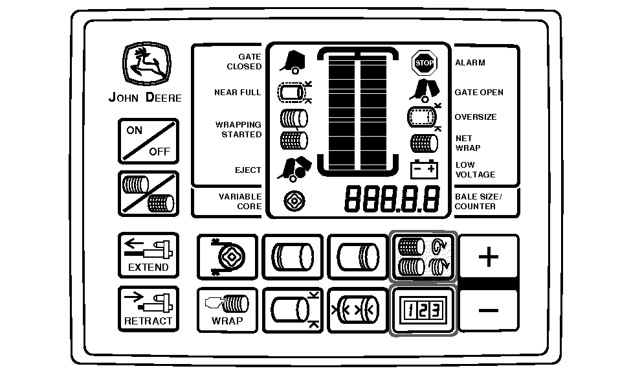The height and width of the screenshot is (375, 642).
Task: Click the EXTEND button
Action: coord(148,255)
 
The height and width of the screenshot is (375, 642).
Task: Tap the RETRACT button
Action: coord(148,308)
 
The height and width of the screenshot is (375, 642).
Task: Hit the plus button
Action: coord(489,256)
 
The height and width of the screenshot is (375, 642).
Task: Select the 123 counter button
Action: coord(423,310)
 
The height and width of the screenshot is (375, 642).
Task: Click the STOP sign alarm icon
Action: coord(424,63)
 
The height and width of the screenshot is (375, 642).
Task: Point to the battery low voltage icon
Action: coord(424,169)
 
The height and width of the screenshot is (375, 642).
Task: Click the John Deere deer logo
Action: coord(147,64)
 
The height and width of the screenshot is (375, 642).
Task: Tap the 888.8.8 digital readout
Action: coord(392,199)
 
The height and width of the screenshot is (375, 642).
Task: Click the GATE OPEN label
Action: coord(479,93)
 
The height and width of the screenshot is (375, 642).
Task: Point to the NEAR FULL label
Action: coord(238,93)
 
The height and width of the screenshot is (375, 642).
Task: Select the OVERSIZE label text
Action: coord(476,117)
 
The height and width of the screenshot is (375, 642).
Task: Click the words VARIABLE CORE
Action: coord(240,201)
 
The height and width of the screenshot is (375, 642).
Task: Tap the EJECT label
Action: coord(248,170)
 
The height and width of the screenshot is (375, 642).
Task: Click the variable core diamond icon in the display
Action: coord(294,201)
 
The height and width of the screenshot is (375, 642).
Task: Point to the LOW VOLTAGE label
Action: coord(476,170)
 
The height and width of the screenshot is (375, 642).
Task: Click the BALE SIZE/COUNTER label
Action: coord(478,201)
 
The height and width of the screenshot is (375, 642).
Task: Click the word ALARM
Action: coord(470,63)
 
